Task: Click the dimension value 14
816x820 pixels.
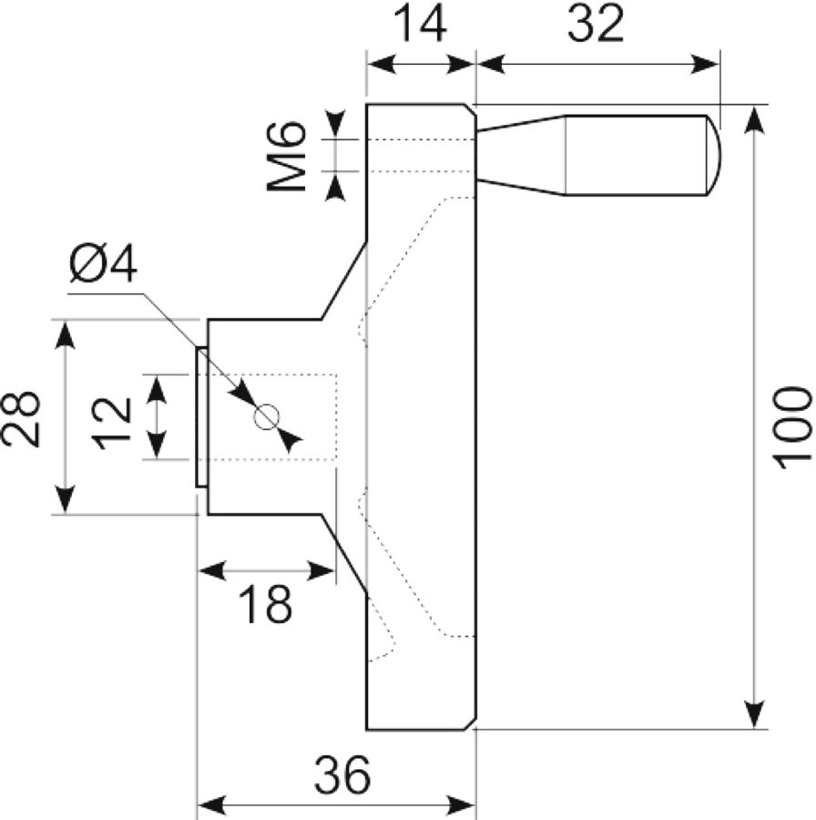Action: [420, 24]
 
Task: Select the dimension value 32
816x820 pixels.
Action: [596, 24]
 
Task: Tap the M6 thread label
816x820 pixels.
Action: [286, 156]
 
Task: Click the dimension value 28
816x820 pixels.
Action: [21, 418]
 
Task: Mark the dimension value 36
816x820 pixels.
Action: [342, 774]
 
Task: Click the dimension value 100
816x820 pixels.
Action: [792, 428]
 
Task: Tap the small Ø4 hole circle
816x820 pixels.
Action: [267, 417]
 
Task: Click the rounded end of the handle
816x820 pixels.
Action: [714, 155]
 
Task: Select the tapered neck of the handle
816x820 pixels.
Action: [522, 155]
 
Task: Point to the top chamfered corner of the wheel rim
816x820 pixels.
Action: [469, 110]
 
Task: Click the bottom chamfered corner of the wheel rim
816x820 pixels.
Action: [469, 723]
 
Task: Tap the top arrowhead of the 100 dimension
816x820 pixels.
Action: [754, 119]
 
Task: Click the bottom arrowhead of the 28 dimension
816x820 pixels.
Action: [65, 500]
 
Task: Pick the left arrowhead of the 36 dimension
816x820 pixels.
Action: [211, 804]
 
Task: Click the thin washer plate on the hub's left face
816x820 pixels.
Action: [202, 417]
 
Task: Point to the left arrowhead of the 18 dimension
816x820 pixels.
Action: [213, 570]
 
